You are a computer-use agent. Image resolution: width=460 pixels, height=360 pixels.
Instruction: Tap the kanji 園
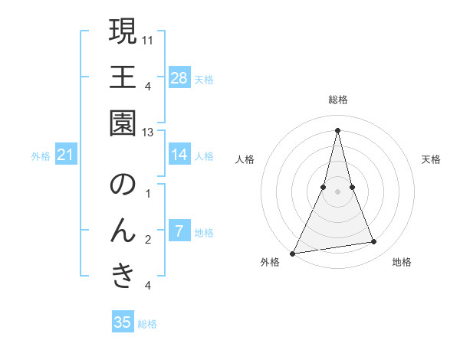123,124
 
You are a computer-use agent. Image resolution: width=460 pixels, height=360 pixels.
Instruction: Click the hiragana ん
123,231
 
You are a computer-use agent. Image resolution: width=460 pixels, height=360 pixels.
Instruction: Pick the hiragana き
123,277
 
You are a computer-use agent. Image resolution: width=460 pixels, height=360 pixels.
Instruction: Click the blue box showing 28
179,77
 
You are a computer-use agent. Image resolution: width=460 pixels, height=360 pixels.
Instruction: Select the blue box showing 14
179,155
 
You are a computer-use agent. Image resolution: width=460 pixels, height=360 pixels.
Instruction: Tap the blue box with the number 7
179,231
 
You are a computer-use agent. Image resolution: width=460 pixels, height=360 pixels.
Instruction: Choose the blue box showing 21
66,155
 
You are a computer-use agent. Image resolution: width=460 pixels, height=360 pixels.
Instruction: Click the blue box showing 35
123,322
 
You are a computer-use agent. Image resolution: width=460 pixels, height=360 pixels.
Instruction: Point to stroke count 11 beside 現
149,38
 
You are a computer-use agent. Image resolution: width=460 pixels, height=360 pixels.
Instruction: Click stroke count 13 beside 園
149,132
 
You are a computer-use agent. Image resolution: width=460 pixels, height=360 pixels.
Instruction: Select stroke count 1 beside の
148,193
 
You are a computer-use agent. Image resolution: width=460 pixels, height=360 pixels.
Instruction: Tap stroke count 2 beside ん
148,240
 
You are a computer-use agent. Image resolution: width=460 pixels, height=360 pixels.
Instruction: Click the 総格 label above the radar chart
338,100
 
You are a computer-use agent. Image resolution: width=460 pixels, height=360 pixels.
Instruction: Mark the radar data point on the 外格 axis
293,253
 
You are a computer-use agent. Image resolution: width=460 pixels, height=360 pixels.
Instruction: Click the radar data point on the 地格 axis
374,242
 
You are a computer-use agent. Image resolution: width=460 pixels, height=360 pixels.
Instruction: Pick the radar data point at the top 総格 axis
338,129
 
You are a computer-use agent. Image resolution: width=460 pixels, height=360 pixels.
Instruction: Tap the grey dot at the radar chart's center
338,191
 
